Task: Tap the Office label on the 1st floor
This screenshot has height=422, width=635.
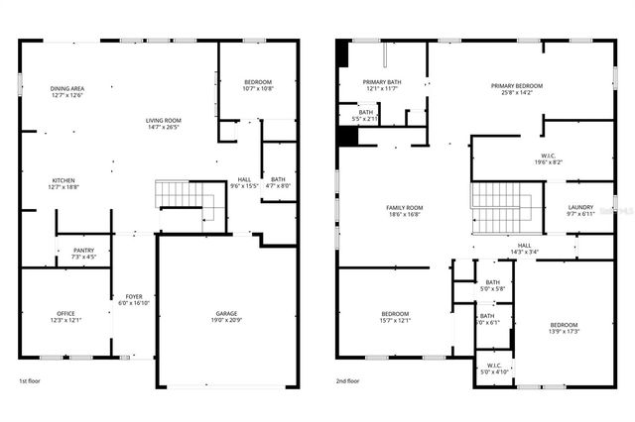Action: (66, 316)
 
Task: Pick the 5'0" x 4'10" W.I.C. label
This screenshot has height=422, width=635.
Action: (494, 368)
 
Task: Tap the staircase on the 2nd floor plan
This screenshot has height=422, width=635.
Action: (501, 209)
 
